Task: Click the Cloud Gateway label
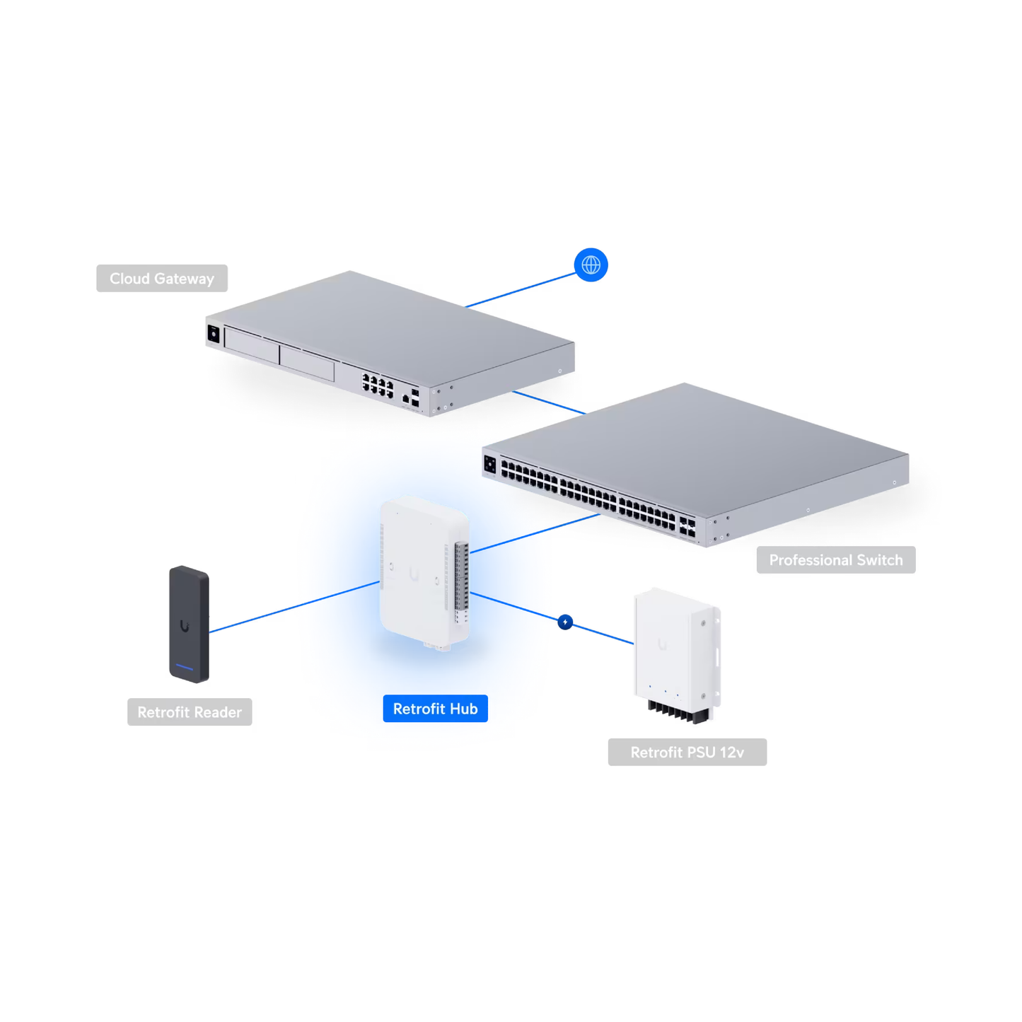coord(162,279)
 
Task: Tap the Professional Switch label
coord(835,560)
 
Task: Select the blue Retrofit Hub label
coord(435,709)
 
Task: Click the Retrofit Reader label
coord(190,712)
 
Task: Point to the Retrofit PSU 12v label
coord(687,753)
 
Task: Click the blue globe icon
coord(591,265)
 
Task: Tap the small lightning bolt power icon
coord(565,622)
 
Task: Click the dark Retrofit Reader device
coord(188,622)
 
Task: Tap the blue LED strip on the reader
coord(185,667)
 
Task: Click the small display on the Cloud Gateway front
coord(214,333)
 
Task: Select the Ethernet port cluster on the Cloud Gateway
coord(378,386)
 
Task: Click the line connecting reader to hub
coord(294,607)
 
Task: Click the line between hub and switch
coord(534,533)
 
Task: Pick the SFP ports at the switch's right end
coord(687,526)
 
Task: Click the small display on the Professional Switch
coord(490,464)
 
